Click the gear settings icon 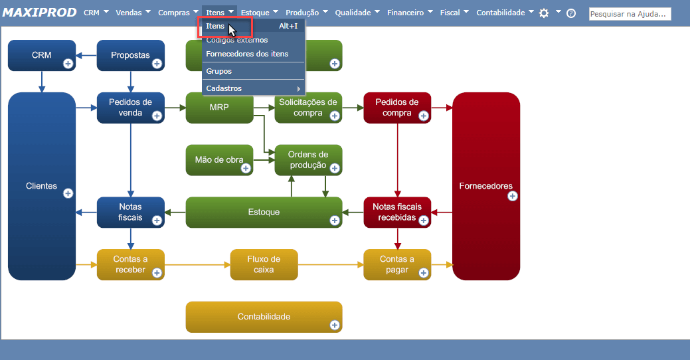[x=544, y=13]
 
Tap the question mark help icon [x=571, y=13]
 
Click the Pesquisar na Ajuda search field [x=630, y=13]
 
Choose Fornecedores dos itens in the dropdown [x=247, y=54]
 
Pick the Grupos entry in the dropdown [x=219, y=71]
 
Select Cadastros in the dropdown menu [x=224, y=88]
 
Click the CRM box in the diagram [x=41, y=55]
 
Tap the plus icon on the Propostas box [x=157, y=64]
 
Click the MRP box [x=219, y=108]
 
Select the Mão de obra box [x=219, y=160]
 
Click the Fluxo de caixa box [x=264, y=264]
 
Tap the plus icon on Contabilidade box [x=335, y=325]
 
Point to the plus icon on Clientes [x=68, y=193]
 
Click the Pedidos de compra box [x=397, y=108]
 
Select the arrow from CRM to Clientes [x=41, y=81]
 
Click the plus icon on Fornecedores [x=513, y=196]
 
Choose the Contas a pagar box [x=397, y=264]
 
